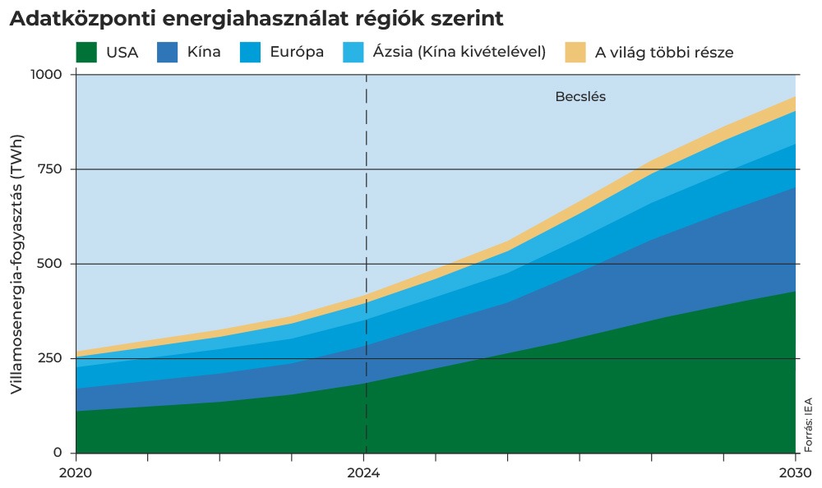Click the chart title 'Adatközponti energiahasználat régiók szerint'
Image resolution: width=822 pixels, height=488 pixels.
point(256,18)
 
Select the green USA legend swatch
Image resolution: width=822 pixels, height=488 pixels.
point(86,53)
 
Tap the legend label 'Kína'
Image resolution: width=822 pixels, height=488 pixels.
point(204,52)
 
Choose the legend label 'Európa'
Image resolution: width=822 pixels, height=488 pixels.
point(297,53)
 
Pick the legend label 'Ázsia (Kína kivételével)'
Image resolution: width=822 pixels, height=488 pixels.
point(459,52)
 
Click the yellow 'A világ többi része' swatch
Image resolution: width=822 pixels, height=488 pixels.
point(575,53)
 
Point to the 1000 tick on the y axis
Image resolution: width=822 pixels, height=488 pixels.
point(46,74)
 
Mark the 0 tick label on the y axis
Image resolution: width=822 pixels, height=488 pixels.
point(58,453)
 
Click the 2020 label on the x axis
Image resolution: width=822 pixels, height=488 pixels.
point(76,473)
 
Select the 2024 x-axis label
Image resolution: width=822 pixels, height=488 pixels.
point(364,473)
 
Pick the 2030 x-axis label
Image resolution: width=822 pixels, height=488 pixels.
point(795,473)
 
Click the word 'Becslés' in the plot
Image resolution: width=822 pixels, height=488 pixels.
point(580,97)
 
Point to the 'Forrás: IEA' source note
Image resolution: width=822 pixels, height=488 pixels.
point(809,425)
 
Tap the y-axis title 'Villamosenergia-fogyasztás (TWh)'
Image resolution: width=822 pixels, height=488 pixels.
point(16,265)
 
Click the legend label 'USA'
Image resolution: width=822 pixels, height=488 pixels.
point(122,53)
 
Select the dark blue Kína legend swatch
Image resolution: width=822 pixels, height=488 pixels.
point(167,53)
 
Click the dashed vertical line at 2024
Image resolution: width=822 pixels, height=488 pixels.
point(366,263)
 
